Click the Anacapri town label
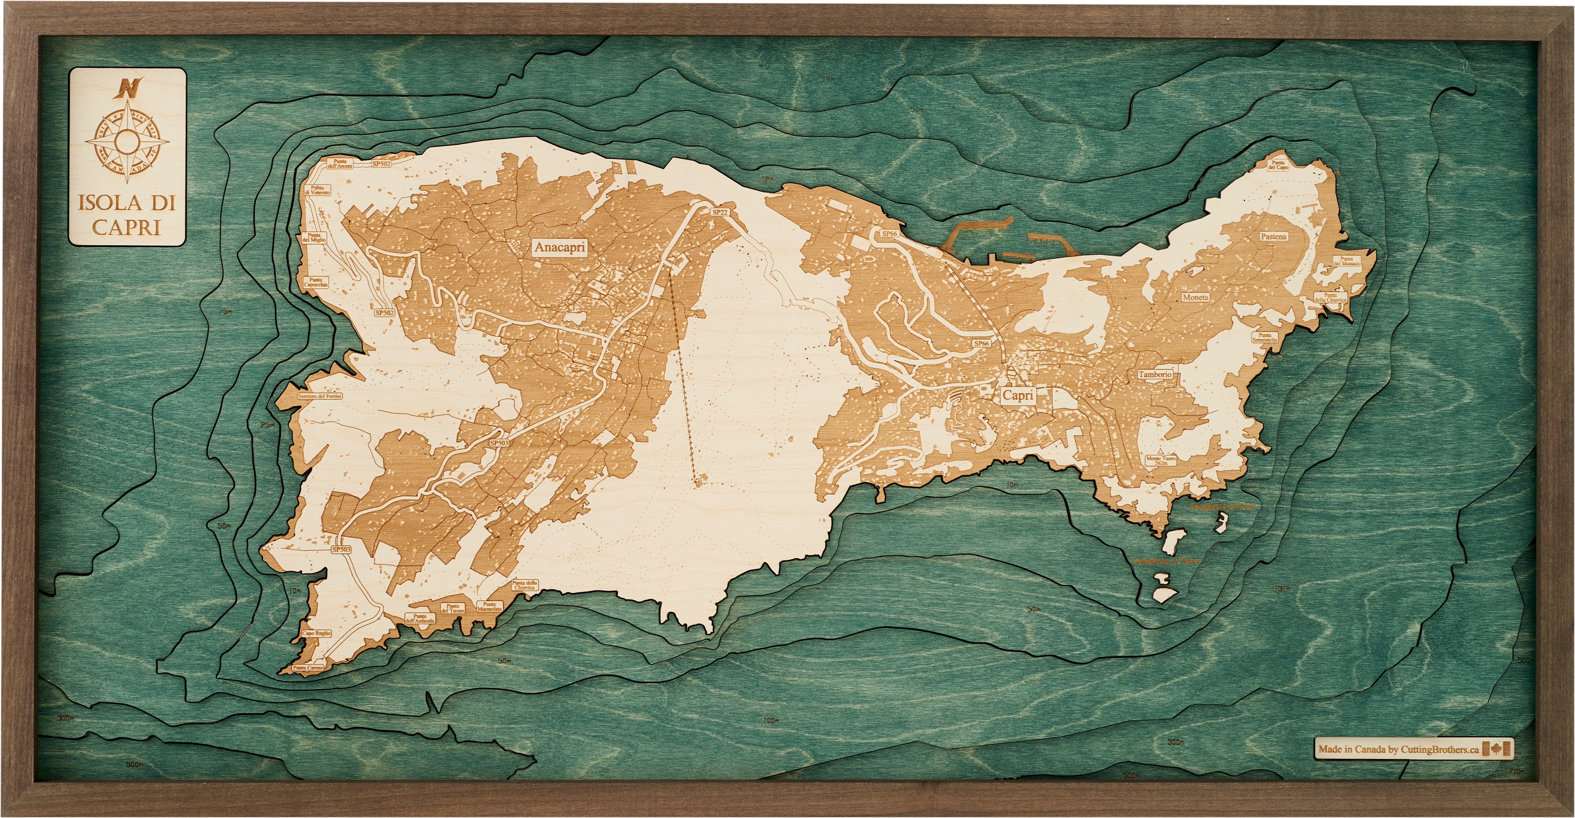(x=560, y=247)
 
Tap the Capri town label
(x=1018, y=395)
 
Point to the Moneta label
(x=1195, y=297)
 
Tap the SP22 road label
(x=720, y=211)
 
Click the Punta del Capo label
(x=1278, y=165)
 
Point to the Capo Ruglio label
(x=316, y=633)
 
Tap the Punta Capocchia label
(x=316, y=282)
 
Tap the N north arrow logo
(x=128, y=88)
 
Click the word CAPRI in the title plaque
(x=126, y=227)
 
